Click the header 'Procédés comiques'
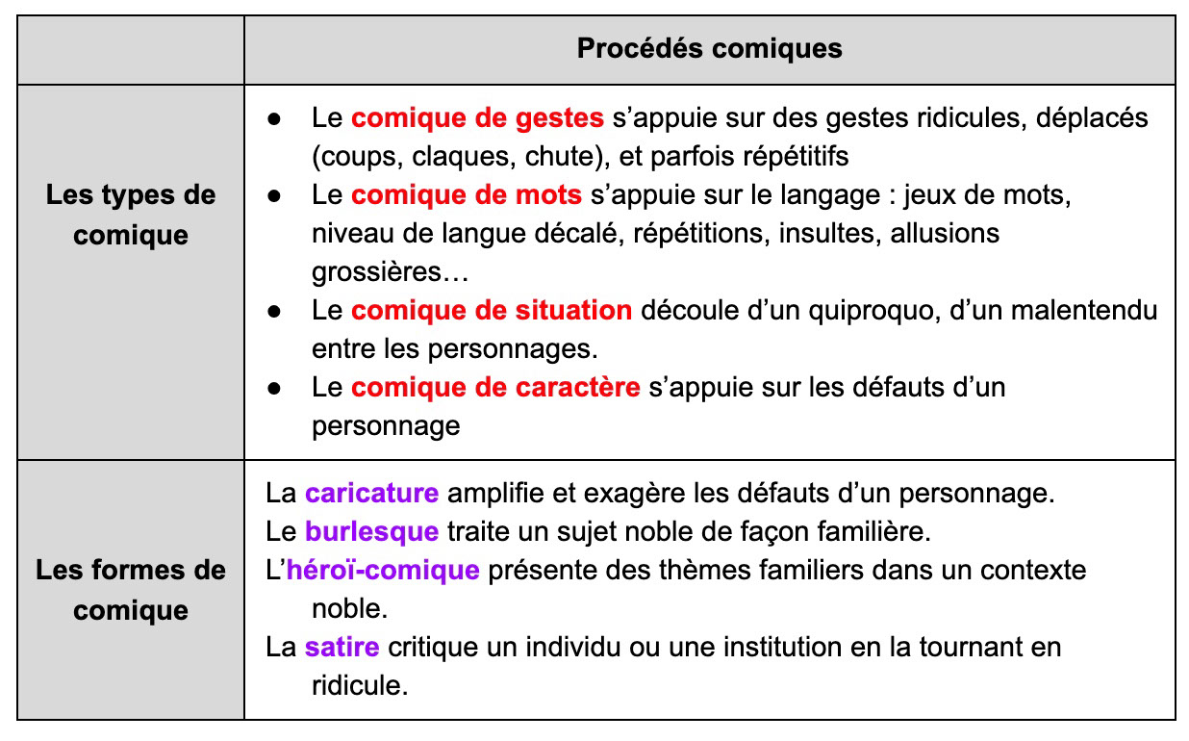tap(709, 49)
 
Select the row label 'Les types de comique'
tap(131, 215)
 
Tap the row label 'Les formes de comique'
tap(131, 590)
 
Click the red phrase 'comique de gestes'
tap(477, 118)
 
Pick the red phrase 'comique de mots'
tap(467, 195)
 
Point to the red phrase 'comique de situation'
tap(492, 311)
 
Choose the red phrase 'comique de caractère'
tap(495, 388)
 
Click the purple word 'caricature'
tap(371, 494)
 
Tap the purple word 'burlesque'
tap(371, 531)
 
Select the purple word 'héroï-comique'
tap(383, 570)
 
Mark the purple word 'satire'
tap(342, 647)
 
